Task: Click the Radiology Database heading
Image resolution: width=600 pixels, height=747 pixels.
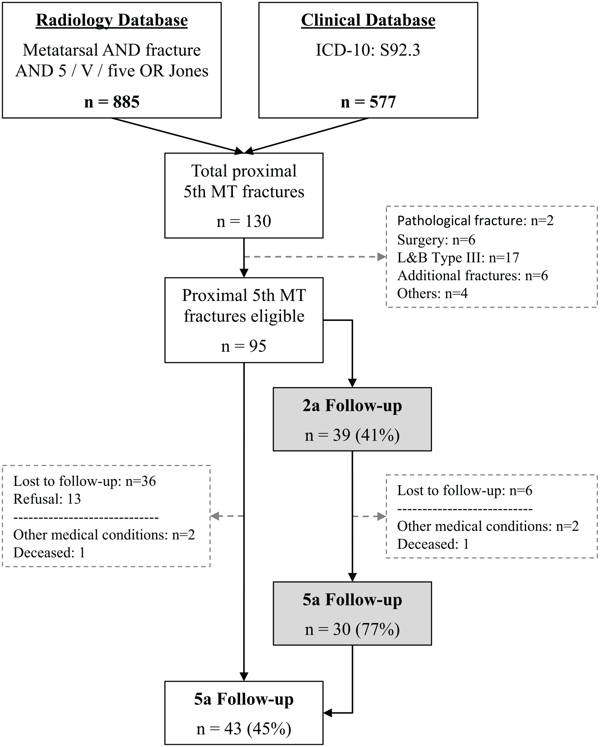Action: tap(112, 21)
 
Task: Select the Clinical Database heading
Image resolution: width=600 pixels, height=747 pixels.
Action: tap(368, 21)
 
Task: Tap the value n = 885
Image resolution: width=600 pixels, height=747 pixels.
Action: tap(112, 102)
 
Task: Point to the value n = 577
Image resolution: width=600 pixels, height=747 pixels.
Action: tap(368, 102)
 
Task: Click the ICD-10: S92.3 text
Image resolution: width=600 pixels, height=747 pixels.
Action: tap(368, 50)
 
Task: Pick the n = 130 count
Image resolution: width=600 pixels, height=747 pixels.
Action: tap(244, 221)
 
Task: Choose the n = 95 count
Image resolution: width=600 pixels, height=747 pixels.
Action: tap(244, 346)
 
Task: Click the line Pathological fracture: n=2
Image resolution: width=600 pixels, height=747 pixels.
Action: tap(475, 221)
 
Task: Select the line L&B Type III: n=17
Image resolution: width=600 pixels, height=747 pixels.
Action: tap(458, 258)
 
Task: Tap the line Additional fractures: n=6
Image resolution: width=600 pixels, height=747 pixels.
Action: tap(472, 276)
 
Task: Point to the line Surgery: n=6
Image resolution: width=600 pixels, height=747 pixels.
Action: tap(436, 240)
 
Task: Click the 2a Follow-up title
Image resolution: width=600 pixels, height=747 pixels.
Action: tap(352, 406)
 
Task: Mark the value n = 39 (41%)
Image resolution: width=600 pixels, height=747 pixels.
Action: tap(352, 435)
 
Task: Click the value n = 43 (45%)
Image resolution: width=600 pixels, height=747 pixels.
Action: tap(244, 729)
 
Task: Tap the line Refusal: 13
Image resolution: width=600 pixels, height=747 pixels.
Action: tap(47, 499)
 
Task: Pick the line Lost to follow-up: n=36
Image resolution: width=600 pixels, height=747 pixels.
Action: tap(85, 481)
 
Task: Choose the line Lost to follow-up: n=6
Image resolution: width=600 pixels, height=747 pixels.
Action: tap(465, 491)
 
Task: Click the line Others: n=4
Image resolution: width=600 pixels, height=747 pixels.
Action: tap(432, 294)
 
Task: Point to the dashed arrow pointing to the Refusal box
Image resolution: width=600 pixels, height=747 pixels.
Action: tap(227, 516)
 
